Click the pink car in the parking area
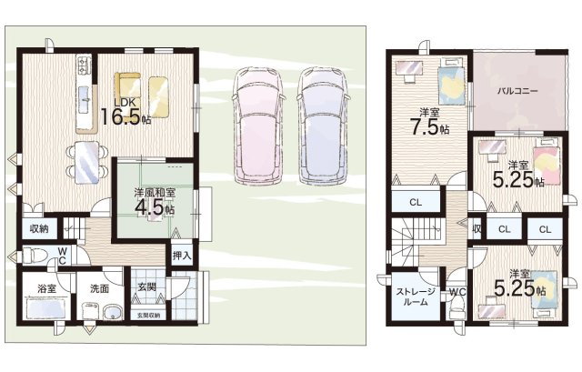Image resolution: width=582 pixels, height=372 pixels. pos(258,126)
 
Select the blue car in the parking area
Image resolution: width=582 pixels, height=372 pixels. pos(323,126)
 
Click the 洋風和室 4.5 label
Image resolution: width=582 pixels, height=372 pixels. pos(155,203)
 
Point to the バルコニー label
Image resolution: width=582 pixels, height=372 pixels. pos(517,91)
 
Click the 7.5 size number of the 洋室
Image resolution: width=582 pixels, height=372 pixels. pos(425,127)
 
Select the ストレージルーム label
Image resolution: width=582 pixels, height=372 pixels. pos(416,297)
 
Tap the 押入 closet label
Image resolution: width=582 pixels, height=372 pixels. pos(182,255)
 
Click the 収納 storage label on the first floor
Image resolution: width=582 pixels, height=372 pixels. pos(39,228)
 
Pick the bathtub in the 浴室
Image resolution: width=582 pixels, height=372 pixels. pos(46,308)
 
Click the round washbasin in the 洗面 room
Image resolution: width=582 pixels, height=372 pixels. pos(113,313)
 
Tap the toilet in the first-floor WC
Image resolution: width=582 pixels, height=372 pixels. pos(35,256)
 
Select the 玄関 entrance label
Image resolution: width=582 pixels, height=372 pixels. pos(146,287)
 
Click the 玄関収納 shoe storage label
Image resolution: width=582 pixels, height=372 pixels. pos(148,316)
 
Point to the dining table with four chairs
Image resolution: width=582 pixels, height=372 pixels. pos(87,162)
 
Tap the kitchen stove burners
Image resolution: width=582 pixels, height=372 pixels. pos(84,65)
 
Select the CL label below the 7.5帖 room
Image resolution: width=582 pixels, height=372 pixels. pos(416,202)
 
